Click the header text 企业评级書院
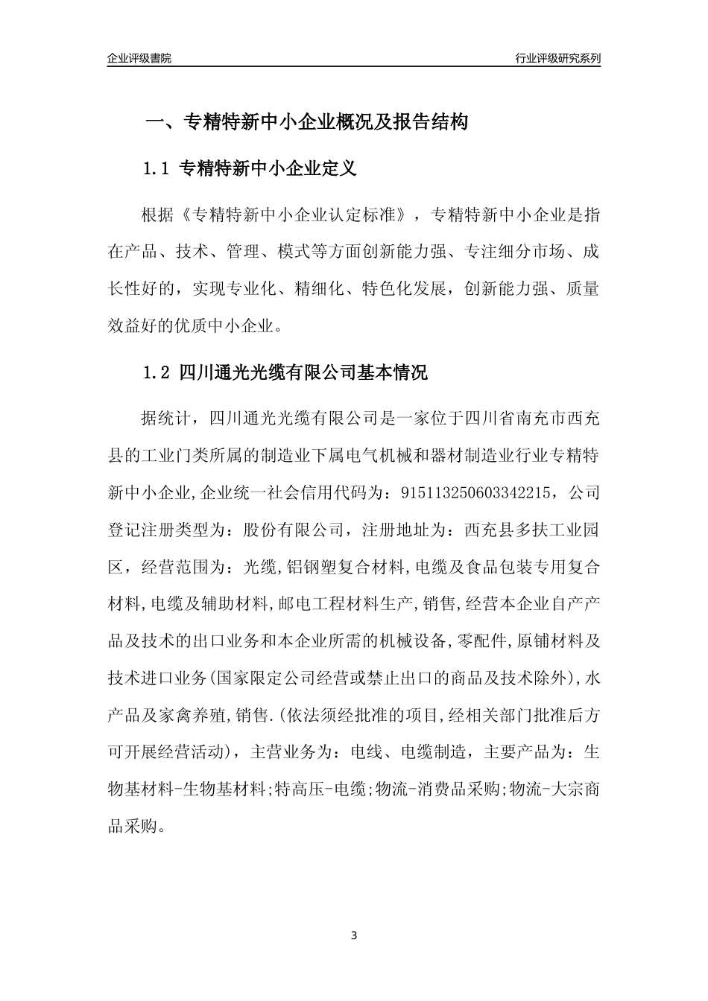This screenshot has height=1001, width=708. coord(139,58)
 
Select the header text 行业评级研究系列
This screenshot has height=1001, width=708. coord(557,58)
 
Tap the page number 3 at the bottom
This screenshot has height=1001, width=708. coord(354,935)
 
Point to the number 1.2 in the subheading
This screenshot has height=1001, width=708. coord(156,373)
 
